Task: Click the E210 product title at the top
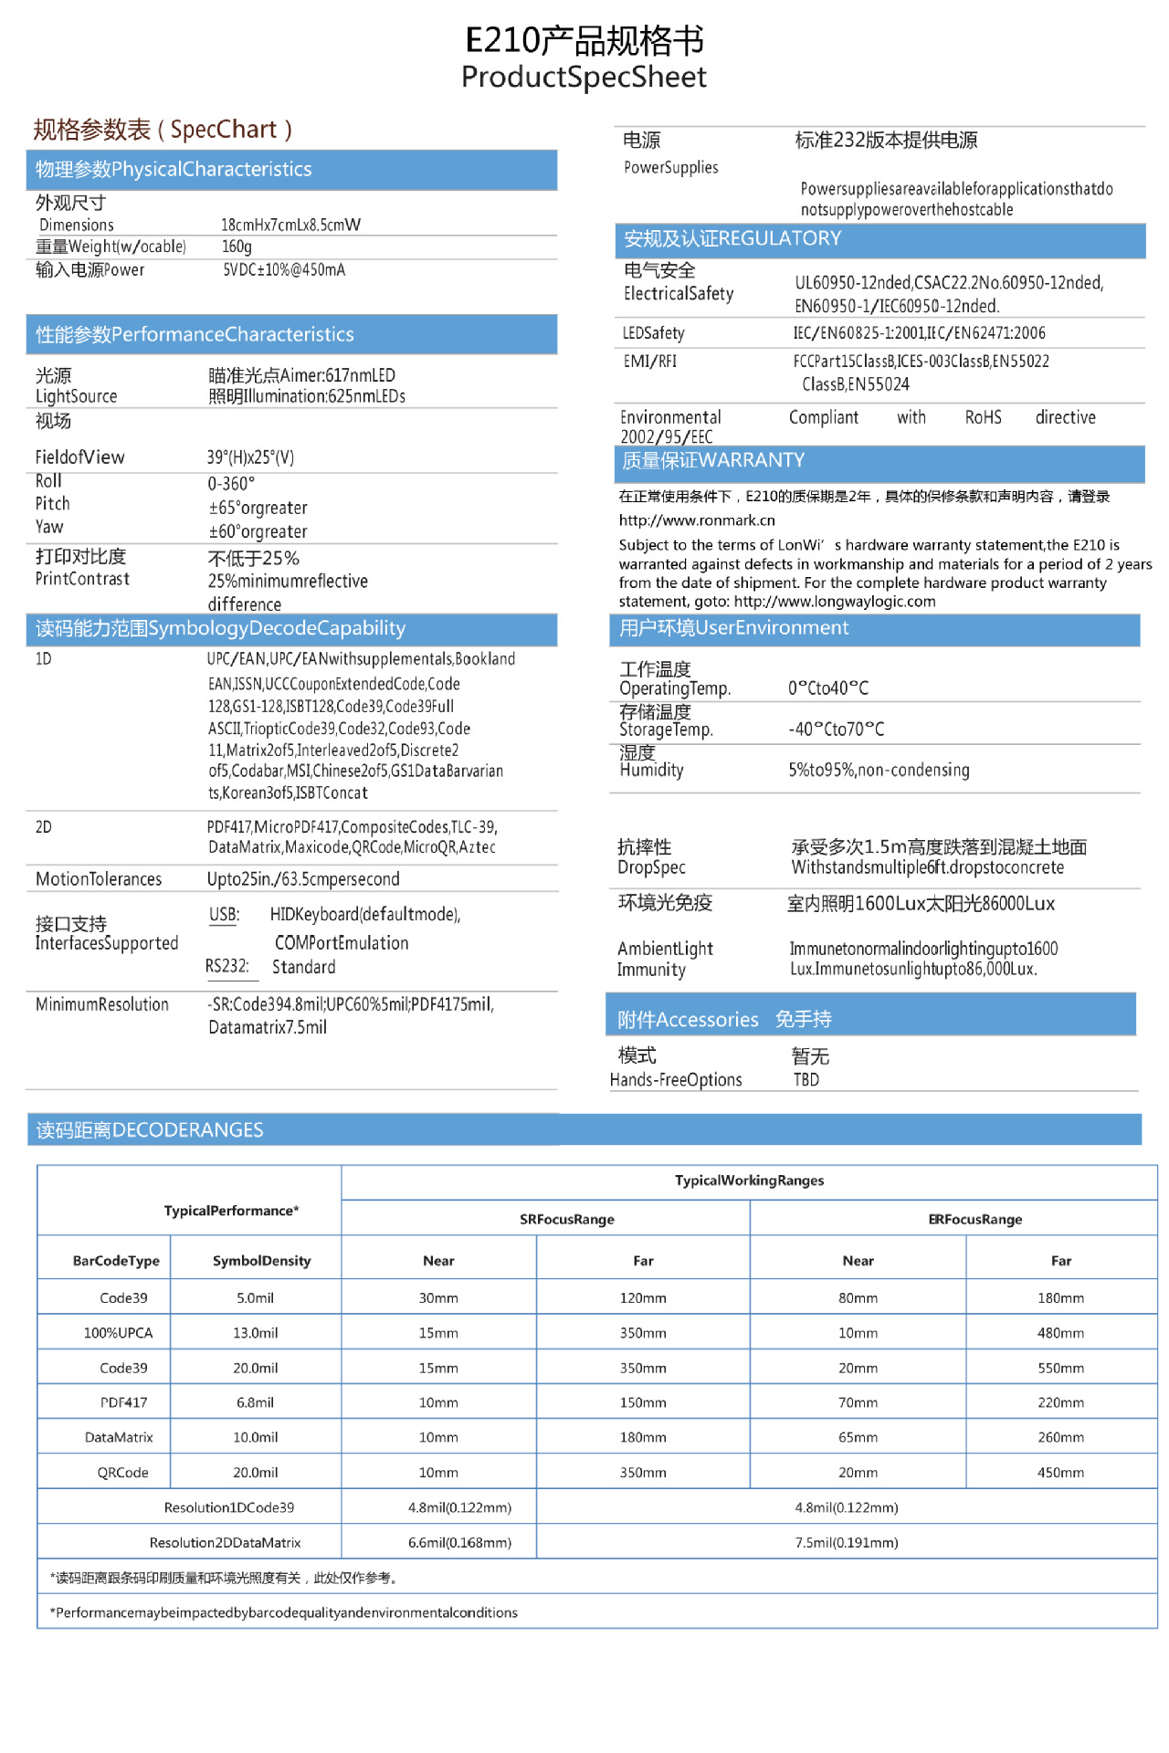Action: pyautogui.click(x=584, y=41)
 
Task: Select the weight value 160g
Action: pyautogui.click(x=237, y=247)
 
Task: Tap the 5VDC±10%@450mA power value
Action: pyautogui.click(x=284, y=270)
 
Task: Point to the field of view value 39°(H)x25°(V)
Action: pyautogui.click(x=250, y=457)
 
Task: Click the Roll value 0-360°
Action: pyautogui.click(x=231, y=484)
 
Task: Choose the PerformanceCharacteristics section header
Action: pyautogui.click(x=195, y=334)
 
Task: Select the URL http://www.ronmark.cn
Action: pyautogui.click(x=697, y=520)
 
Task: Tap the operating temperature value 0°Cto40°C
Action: pyautogui.click(x=828, y=688)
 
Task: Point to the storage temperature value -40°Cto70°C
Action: pyautogui.click(x=836, y=730)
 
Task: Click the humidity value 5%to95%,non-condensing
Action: pyautogui.click(x=879, y=770)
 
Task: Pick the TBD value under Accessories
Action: pyautogui.click(x=806, y=1080)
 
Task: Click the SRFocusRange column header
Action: pyautogui.click(x=567, y=1220)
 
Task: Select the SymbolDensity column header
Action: pyautogui.click(x=261, y=1261)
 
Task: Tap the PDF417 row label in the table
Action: pyautogui.click(x=123, y=1402)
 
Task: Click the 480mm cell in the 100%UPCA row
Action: pyautogui.click(x=1060, y=1333)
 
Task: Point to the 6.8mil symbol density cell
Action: pyautogui.click(x=255, y=1402)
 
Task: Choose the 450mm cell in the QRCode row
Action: pyautogui.click(x=1060, y=1473)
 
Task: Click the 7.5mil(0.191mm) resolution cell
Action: pyautogui.click(x=847, y=1543)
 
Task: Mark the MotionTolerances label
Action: pyautogui.click(x=99, y=879)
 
